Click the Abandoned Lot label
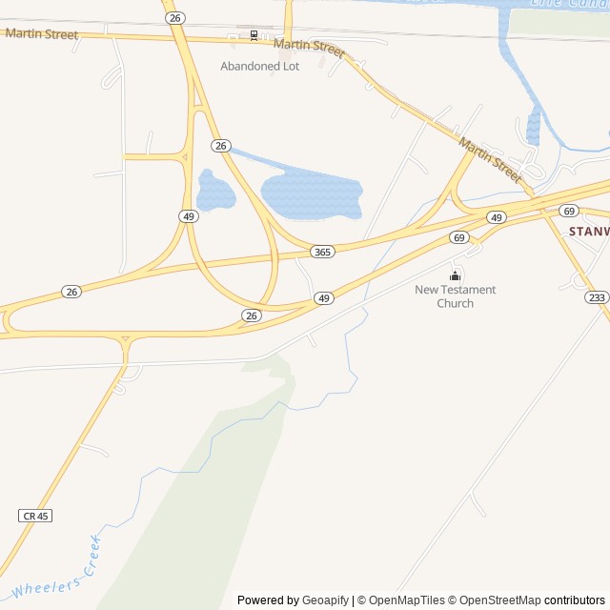[259, 67]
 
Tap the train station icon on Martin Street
[254, 35]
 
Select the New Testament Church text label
[455, 296]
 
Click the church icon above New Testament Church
[456, 276]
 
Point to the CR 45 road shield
[35, 516]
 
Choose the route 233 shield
[597, 298]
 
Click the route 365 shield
[322, 251]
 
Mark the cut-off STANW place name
[588, 232]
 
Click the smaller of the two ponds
[215, 192]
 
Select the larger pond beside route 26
[311, 194]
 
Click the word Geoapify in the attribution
[325, 600]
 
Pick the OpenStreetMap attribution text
[499, 600]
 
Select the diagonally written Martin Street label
[491, 160]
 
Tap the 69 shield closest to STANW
[569, 211]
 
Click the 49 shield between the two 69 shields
[496, 218]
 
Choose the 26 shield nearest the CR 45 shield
[71, 292]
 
